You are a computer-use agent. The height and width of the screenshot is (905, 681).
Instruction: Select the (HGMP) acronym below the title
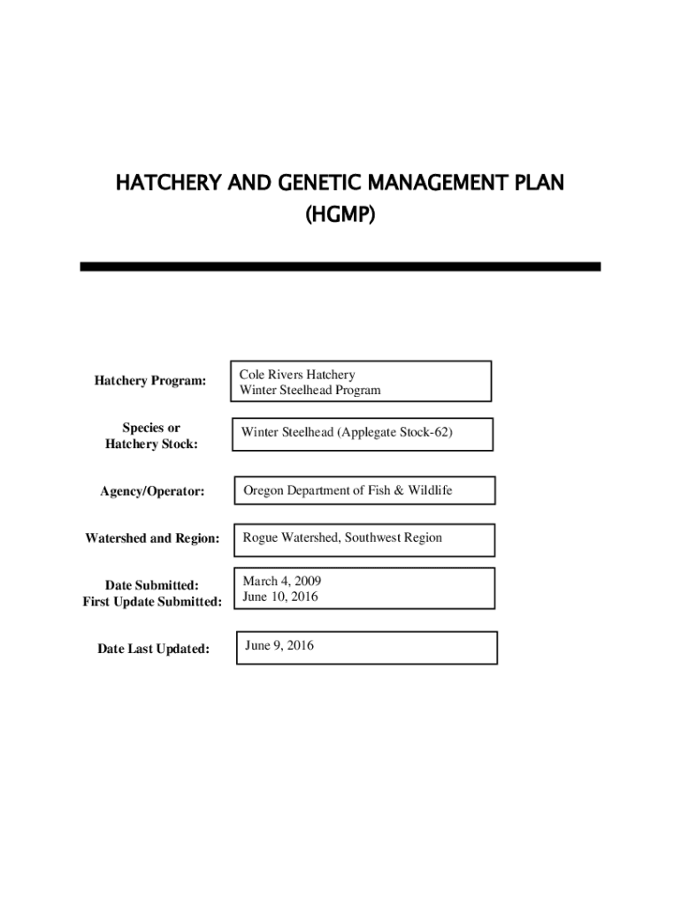[340, 214]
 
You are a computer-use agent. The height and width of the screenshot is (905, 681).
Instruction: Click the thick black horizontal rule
[340, 266]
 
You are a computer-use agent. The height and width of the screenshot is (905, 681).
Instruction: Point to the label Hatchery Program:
[149, 381]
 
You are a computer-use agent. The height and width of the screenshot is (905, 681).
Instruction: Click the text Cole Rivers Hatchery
[296, 375]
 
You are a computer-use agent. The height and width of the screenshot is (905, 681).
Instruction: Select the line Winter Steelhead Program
[310, 390]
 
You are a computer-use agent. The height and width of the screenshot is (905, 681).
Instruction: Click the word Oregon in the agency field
[264, 490]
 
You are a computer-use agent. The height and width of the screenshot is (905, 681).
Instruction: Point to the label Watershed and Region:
[152, 538]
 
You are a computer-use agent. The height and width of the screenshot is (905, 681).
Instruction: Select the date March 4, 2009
[282, 581]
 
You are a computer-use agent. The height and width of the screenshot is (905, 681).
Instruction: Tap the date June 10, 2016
[280, 597]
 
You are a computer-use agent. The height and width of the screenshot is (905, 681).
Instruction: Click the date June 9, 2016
[279, 646]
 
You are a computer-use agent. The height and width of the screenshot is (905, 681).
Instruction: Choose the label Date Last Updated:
[154, 650]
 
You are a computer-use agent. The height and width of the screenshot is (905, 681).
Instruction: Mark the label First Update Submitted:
[152, 602]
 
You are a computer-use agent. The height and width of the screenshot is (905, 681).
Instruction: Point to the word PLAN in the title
[533, 184]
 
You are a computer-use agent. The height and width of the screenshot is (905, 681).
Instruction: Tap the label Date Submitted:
[151, 585]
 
